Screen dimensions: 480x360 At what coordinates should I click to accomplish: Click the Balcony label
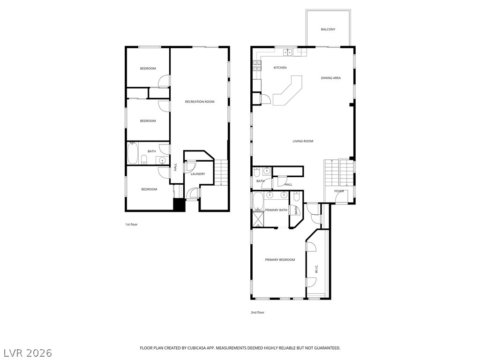(328, 30)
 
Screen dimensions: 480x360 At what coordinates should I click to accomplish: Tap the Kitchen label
(280, 67)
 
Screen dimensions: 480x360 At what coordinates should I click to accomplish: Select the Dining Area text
(331, 78)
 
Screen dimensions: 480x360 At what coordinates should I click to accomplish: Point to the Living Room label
(303, 141)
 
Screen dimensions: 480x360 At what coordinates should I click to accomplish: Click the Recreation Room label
(200, 102)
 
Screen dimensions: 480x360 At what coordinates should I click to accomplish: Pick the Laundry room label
(198, 174)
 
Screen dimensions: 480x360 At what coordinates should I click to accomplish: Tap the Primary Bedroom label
(280, 260)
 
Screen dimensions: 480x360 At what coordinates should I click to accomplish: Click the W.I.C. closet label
(316, 269)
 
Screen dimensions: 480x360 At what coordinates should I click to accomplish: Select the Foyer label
(339, 191)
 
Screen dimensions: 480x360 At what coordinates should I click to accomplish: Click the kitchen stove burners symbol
(257, 66)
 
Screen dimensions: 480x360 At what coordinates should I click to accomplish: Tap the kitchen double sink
(288, 52)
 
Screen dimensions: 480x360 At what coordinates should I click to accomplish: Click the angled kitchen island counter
(287, 90)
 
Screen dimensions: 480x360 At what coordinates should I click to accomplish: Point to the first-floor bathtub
(133, 153)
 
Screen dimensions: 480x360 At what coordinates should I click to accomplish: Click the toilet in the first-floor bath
(143, 159)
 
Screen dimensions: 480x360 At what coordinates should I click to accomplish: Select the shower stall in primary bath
(258, 219)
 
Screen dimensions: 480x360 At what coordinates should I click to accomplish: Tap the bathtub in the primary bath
(258, 201)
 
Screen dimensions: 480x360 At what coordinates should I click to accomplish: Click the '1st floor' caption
(131, 225)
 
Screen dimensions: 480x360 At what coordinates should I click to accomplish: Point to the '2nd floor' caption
(257, 313)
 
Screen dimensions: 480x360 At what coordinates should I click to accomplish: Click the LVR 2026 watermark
(27, 352)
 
